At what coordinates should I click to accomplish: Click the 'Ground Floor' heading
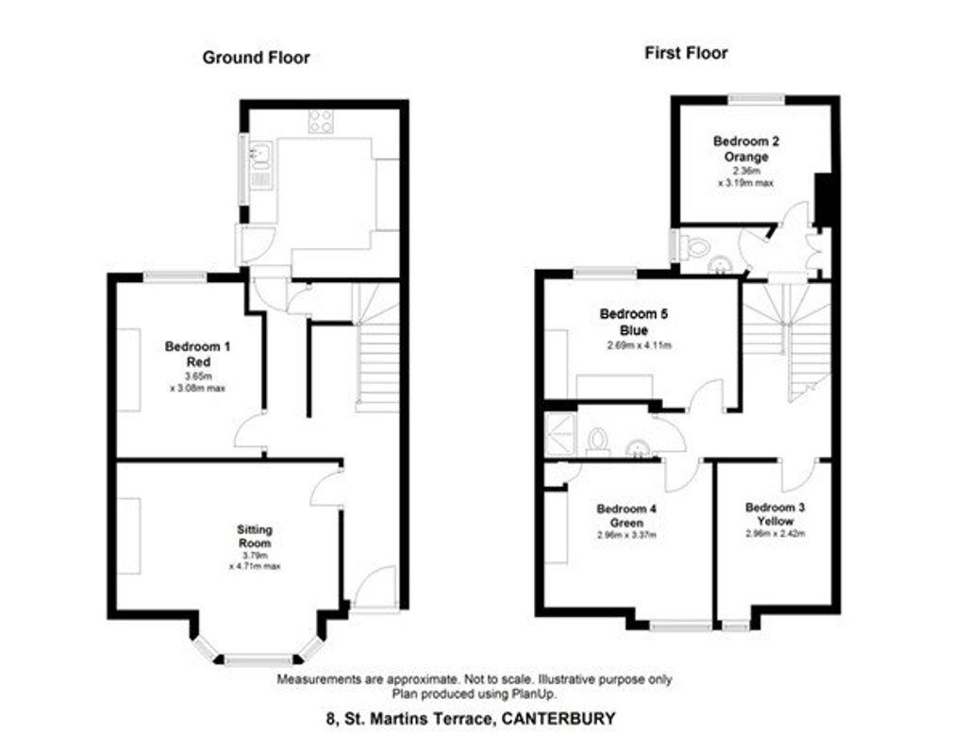coord(257,58)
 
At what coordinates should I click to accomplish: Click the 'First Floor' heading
coord(686,53)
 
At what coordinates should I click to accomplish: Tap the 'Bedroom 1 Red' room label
coord(198,354)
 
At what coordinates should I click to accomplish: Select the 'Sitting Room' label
coord(255,536)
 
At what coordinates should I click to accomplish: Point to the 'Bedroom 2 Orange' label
coord(746,148)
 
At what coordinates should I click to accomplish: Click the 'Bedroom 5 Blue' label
coord(633,322)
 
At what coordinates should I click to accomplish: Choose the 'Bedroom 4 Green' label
coord(626,516)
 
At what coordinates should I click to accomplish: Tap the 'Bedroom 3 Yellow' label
coord(775,514)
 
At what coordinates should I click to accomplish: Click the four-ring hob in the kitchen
coord(321,122)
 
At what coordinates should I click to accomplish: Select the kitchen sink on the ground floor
coord(260,156)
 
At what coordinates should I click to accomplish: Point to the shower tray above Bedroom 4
coord(559,434)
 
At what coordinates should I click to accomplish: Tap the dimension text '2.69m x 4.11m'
coord(639,345)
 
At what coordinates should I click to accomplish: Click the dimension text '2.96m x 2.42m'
coord(775,533)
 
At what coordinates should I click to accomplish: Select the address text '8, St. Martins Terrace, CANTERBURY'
coord(471,718)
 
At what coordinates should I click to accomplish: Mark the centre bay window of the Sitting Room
coord(258,659)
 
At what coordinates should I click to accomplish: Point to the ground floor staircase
coord(376,348)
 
